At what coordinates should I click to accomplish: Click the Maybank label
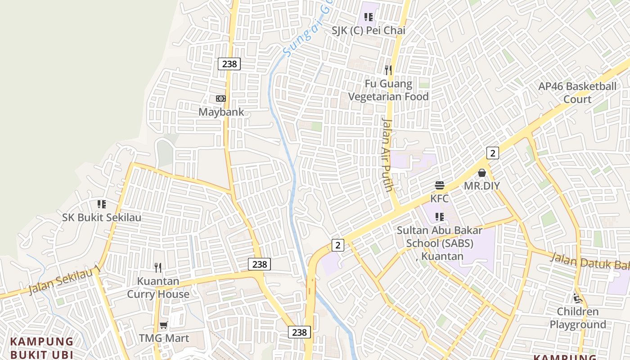click(x=221, y=112)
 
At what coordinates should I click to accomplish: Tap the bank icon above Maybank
click(x=221, y=99)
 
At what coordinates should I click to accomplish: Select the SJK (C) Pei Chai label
click(x=369, y=31)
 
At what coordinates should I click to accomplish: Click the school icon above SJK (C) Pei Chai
click(x=369, y=18)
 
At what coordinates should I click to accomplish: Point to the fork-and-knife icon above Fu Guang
click(x=388, y=70)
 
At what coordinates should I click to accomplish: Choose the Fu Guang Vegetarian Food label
click(x=388, y=90)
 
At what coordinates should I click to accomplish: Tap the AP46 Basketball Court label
click(x=577, y=93)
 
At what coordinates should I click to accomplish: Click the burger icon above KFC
click(x=440, y=185)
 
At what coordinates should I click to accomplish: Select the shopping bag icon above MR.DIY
click(x=482, y=173)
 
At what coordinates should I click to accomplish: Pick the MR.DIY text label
click(x=482, y=185)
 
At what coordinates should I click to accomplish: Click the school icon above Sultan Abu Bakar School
click(x=440, y=217)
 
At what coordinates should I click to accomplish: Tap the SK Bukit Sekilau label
click(x=102, y=217)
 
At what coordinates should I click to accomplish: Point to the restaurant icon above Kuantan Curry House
click(x=158, y=268)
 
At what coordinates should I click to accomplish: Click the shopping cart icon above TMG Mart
click(x=164, y=325)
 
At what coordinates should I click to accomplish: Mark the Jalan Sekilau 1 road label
click(x=64, y=280)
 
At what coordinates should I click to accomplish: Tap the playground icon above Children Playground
click(x=578, y=298)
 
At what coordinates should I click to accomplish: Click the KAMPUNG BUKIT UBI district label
click(x=41, y=348)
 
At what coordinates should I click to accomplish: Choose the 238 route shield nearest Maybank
click(x=229, y=64)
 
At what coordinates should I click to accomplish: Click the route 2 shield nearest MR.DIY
click(x=493, y=153)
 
